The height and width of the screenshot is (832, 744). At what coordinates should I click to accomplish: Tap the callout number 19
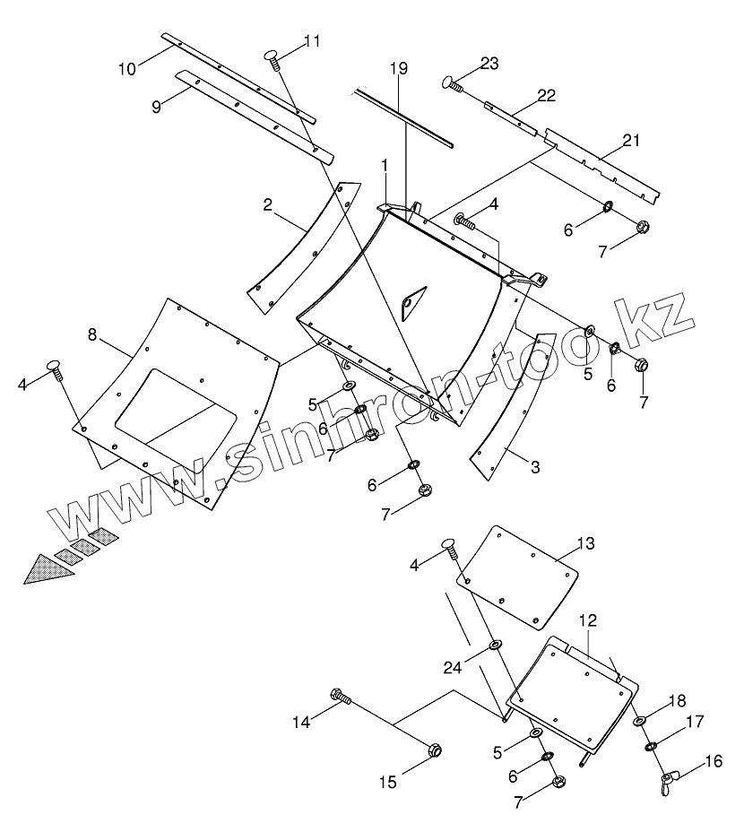pos(399,68)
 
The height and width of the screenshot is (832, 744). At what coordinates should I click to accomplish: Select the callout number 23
pos(489,63)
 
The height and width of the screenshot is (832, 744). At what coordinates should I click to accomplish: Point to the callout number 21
pos(632,140)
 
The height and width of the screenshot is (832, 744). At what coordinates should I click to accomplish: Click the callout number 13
pos(584,543)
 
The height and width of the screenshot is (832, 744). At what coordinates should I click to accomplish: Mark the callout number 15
pos(386,782)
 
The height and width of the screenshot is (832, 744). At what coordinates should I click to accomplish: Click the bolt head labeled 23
pos(449,82)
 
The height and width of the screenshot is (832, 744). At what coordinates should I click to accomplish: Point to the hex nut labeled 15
pos(433,750)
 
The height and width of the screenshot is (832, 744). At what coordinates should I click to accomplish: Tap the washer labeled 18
pos(638,722)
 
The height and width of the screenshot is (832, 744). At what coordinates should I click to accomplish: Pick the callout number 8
pos(92,334)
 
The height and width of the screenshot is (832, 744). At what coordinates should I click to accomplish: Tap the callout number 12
pos(587,620)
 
